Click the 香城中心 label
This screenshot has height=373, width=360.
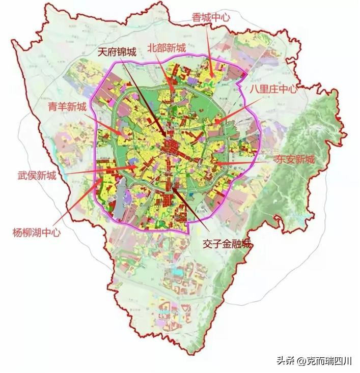click(x=209, y=17)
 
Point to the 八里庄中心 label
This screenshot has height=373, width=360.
click(x=273, y=88)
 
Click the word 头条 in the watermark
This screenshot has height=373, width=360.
click(x=286, y=361)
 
